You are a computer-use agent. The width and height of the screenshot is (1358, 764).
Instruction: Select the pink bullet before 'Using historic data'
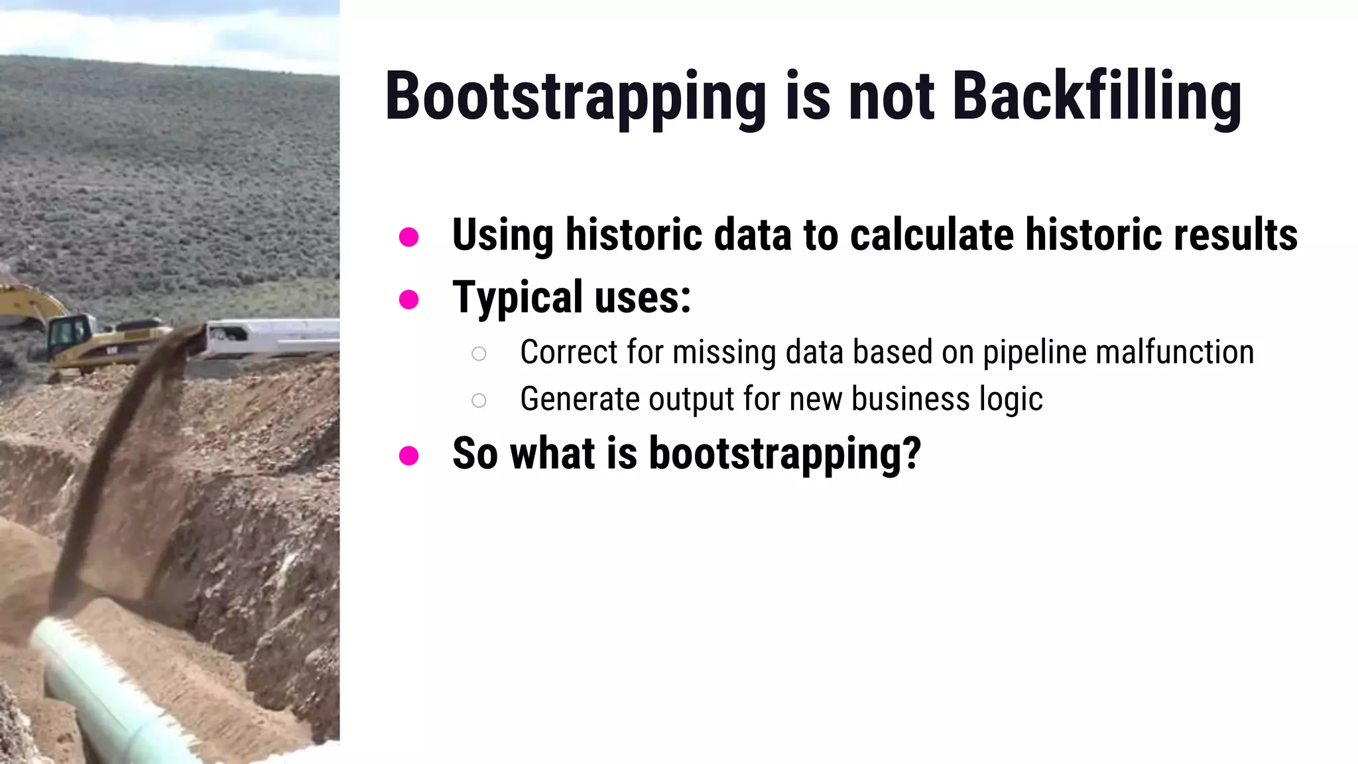click(x=408, y=237)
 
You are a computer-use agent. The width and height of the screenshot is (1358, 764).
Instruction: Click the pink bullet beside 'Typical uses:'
click(x=408, y=299)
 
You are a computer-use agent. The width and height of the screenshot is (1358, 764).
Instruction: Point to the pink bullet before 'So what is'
click(x=408, y=456)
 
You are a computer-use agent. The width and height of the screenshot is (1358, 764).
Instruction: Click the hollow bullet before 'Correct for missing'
click(x=479, y=353)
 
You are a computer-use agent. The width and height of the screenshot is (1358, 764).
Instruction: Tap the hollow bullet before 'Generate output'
click(x=479, y=401)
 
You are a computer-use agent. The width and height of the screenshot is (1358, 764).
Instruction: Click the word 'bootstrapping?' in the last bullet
click(x=784, y=454)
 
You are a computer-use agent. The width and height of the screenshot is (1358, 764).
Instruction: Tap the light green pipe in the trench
click(x=99, y=690)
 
